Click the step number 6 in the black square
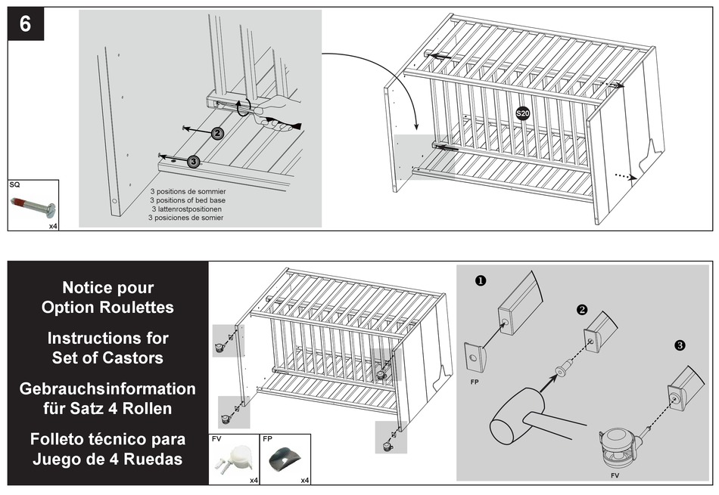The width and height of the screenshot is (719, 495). [26, 24]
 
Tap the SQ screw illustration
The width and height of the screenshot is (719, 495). [33, 206]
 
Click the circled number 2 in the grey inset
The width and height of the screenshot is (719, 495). [217, 133]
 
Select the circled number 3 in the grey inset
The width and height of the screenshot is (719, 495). [194, 160]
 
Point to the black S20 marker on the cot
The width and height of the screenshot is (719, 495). [522, 113]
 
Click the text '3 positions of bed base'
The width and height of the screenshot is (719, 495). [188, 200]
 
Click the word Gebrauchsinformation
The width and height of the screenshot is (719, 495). [107, 388]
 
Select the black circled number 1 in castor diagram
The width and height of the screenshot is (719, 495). [480, 280]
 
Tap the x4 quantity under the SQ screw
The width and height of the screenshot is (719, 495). [53, 225]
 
